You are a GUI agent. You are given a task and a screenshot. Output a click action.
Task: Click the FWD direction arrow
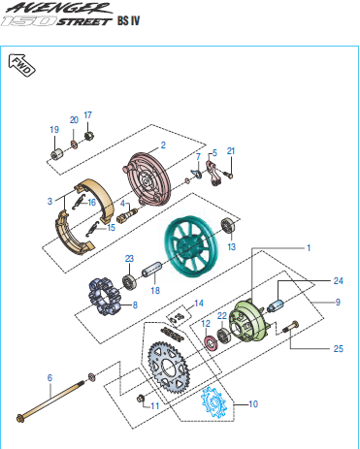point(21,65)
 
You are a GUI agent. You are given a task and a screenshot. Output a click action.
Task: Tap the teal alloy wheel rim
point(190,247)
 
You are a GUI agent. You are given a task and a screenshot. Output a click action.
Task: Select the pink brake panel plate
point(147,179)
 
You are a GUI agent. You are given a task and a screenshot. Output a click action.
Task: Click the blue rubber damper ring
point(104,297)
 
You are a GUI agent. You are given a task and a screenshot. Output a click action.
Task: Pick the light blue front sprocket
point(213,402)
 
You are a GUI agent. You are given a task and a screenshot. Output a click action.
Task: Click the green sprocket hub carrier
point(247,321)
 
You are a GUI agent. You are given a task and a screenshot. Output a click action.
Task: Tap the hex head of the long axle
point(20,419)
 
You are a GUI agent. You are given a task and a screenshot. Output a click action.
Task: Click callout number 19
point(54,130)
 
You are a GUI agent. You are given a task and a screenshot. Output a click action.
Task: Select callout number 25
point(338,348)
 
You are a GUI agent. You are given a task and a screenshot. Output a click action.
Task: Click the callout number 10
point(253,403)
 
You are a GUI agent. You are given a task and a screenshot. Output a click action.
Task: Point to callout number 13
point(232,247)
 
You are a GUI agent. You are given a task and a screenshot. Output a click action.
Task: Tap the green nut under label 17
point(89,136)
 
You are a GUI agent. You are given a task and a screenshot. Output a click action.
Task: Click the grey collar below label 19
point(57,154)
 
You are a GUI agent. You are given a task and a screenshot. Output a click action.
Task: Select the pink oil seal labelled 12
point(211,342)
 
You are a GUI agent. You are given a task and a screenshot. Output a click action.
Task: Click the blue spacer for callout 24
point(276,305)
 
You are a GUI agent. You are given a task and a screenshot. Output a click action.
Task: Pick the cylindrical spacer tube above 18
point(151,270)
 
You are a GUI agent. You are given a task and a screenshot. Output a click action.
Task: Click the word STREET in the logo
point(84,21)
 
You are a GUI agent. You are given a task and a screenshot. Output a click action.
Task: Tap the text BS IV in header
point(128,20)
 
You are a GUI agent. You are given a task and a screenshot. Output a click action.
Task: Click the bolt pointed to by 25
point(291,326)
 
